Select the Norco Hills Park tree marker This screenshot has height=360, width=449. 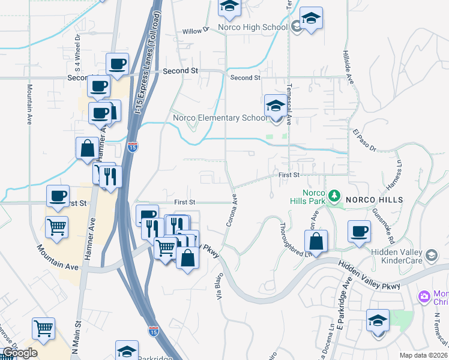pos(335,196)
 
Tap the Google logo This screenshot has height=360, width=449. pos(20,353)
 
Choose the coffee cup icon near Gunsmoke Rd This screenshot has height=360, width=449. pos(360,231)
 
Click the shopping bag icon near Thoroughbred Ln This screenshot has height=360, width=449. pos(316,242)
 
